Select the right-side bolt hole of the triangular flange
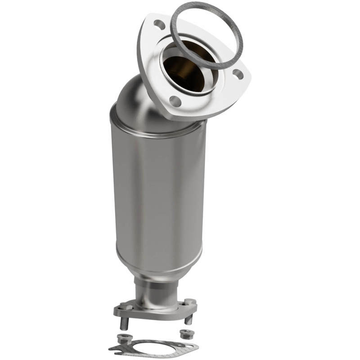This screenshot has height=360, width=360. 238,75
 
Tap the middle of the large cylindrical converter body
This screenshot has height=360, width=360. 157,193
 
